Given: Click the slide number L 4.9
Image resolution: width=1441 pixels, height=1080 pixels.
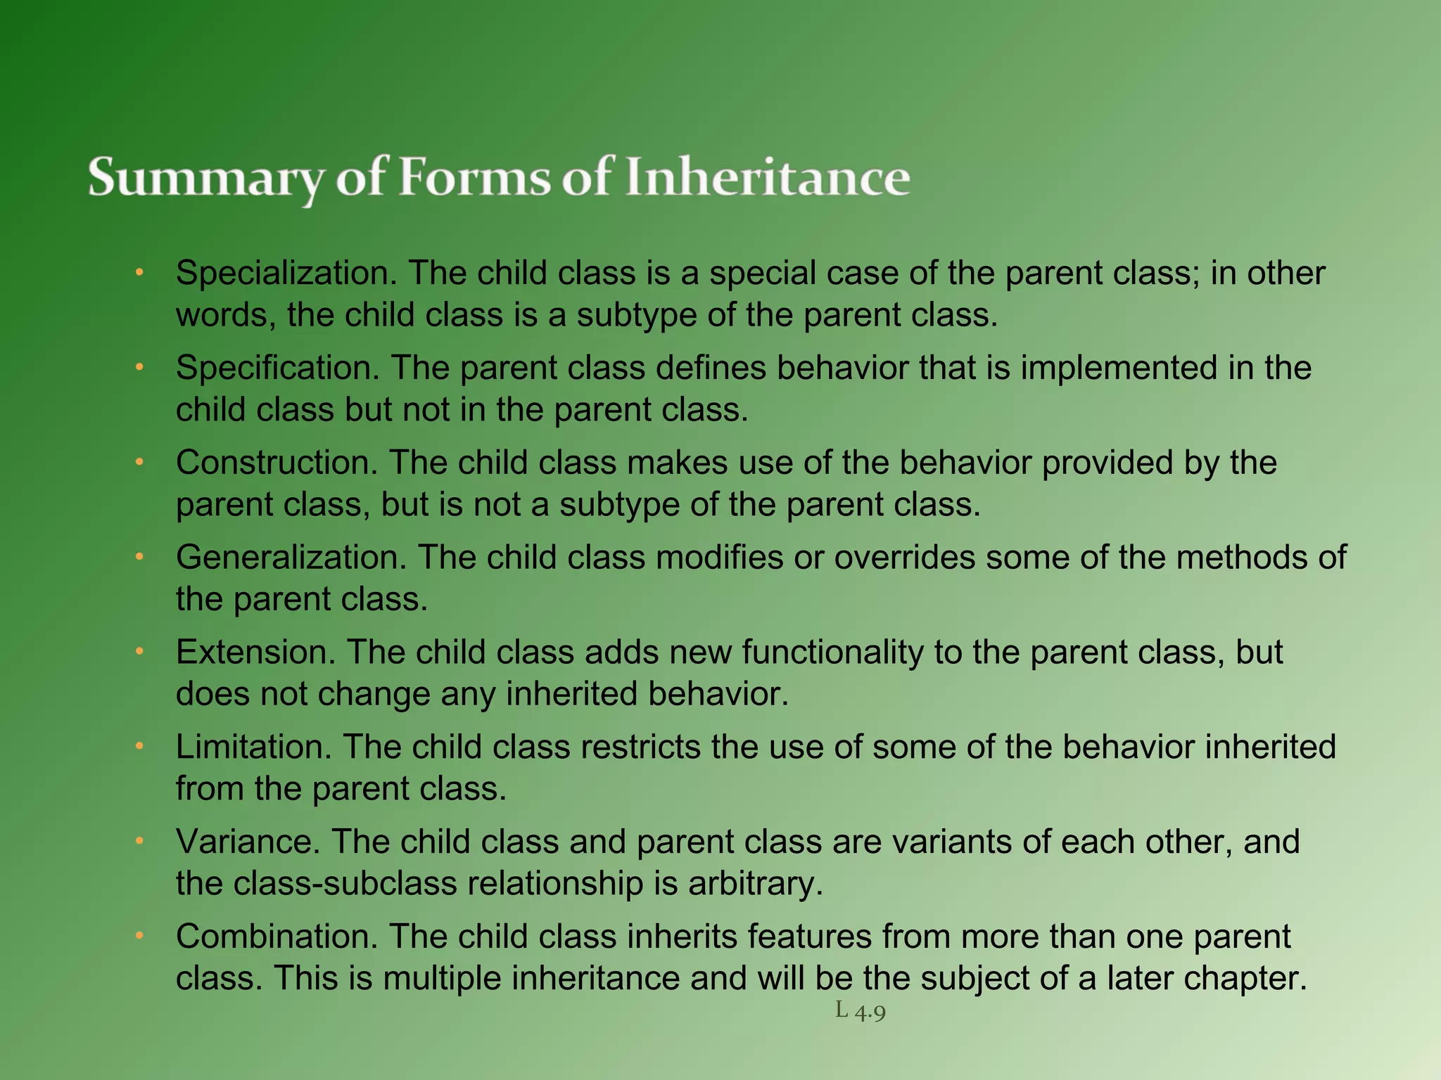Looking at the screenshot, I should (860, 1011).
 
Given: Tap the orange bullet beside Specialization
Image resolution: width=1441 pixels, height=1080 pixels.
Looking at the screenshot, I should (139, 272).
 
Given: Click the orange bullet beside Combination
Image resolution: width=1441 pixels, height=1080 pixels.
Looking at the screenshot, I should (139, 936).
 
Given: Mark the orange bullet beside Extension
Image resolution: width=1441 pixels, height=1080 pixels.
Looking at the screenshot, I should (139, 652).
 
